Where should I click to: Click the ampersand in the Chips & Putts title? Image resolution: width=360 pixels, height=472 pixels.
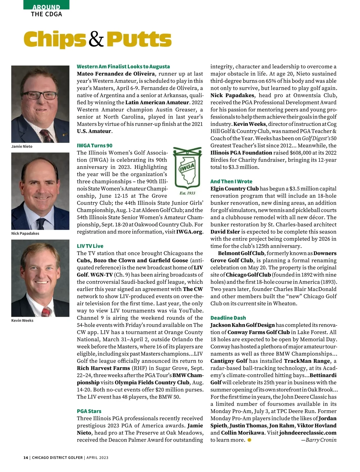pyautogui.click(x=96, y=40)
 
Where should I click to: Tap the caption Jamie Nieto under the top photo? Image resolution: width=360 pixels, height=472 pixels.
pyautogui.click(x=22, y=147)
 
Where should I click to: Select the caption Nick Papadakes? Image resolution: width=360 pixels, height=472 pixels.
pyautogui.click(x=25, y=233)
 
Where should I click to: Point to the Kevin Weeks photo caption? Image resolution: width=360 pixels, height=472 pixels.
pyautogui.click(x=22, y=320)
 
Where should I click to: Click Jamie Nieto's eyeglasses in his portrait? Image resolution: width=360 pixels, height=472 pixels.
pyautogui.click(x=38, y=95)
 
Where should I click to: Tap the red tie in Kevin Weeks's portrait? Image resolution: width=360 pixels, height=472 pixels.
pyautogui.click(x=46, y=312)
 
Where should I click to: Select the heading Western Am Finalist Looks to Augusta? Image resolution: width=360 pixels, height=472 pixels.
pyautogui.click(x=123, y=67)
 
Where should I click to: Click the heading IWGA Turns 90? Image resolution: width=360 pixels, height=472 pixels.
pyautogui.click(x=94, y=146)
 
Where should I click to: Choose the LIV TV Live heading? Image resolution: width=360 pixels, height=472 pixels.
pyautogui.click(x=90, y=246)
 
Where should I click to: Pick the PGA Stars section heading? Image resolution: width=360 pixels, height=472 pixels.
pyautogui.click(x=89, y=411)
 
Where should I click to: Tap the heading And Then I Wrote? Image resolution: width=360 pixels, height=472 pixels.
pyautogui.click(x=231, y=181)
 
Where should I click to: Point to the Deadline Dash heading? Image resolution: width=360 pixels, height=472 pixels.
pyautogui.click(x=228, y=318)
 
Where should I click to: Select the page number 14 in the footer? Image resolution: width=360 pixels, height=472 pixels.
pyautogui.click(x=25, y=458)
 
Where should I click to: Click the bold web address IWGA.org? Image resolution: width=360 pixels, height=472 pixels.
pyautogui.click(x=190, y=232)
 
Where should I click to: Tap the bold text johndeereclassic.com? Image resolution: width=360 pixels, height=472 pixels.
pyautogui.click(x=308, y=433)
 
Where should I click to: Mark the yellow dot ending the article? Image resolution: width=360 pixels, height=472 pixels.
pyautogui.click(x=249, y=440)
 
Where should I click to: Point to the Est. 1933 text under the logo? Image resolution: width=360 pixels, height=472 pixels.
pyautogui.click(x=187, y=193)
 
